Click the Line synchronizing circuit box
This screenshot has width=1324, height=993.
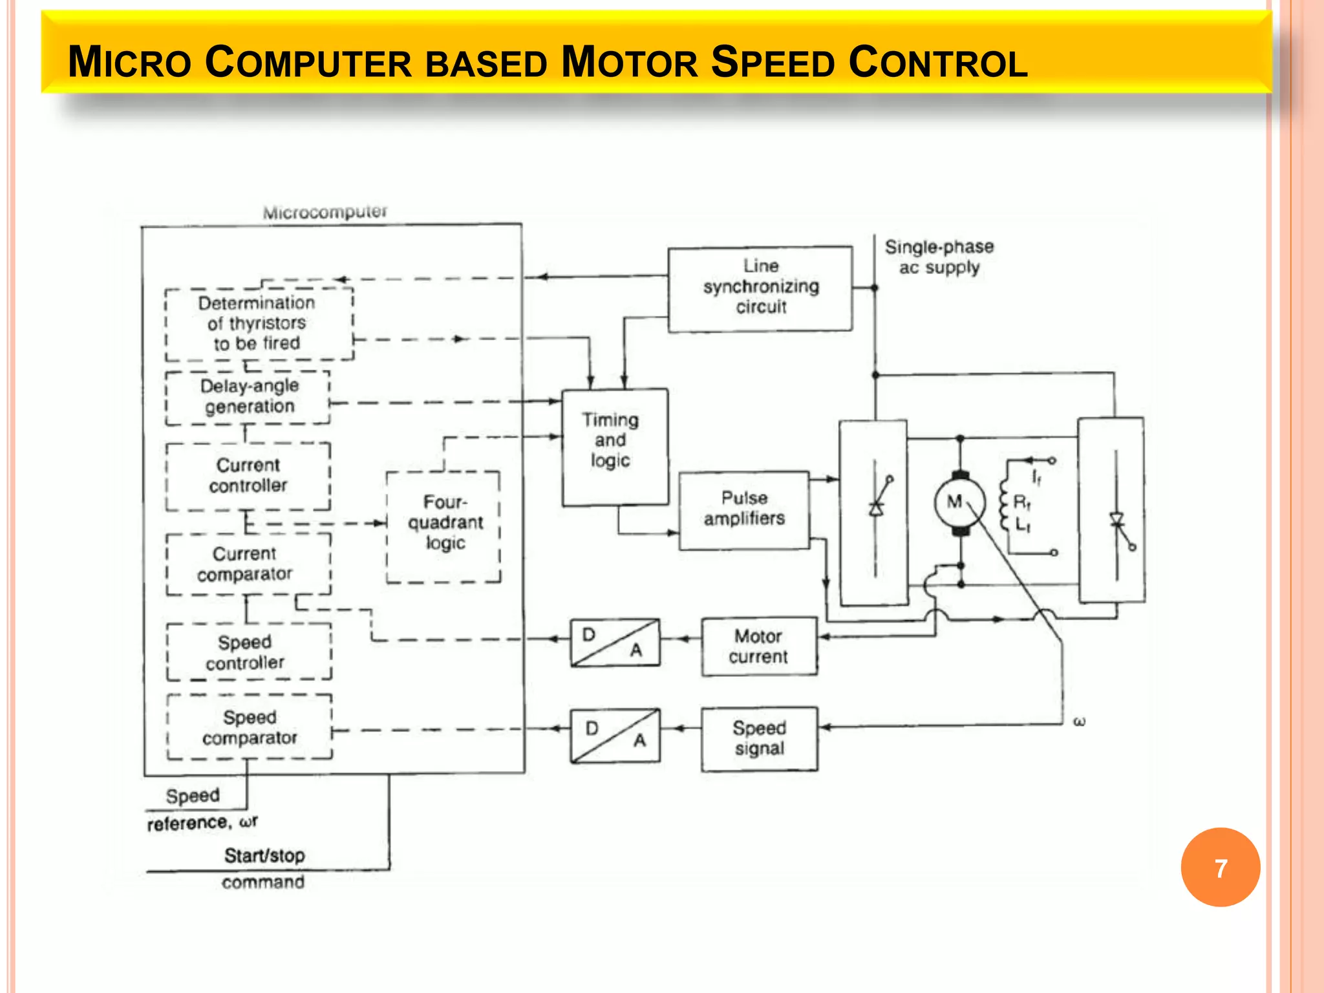pos(760,288)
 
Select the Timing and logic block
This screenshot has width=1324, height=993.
pos(615,447)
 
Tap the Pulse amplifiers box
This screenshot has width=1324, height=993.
pos(744,510)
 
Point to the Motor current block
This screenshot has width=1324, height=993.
pos(759,646)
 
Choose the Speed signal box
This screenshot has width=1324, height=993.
pos(760,738)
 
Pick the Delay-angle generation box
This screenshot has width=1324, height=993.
pos(248,397)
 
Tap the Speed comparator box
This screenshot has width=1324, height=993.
pos(250,727)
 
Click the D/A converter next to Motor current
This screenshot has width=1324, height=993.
pos(615,643)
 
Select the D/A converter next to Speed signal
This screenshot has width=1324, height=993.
pos(615,736)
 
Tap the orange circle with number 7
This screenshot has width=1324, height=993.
pos(1220,868)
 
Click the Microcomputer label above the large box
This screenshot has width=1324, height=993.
pos(325,212)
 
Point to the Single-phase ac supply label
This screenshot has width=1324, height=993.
pos(939,257)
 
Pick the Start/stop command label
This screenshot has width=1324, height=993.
pos(264,868)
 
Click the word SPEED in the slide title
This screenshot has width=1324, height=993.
pos(773,63)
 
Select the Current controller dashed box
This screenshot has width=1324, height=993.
pos(248,476)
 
